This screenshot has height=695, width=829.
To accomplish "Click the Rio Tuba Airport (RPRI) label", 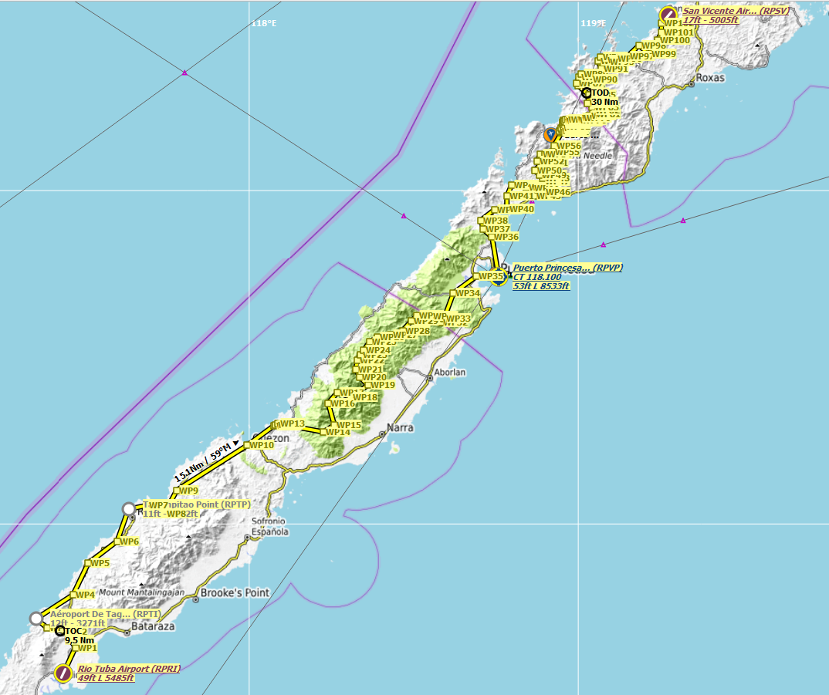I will pyautogui.click(x=128, y=669).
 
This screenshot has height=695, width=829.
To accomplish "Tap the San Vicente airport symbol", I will pyautogui.click(x=668, y=14).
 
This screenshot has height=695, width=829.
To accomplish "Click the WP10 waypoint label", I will pyautogui.click(x=262, y=445).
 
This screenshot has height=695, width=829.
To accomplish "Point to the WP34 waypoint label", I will pyautogui.click(x=468, y=293).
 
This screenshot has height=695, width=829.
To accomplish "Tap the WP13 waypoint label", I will pyautogui.click(x=293, y=423).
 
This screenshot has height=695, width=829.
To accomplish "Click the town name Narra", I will pyautogui.click(x=400, y=427).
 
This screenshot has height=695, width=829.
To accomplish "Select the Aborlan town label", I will pyautogui.click(x=450, y=372).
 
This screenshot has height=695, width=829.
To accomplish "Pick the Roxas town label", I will pyautogui.click(x=709, y=78).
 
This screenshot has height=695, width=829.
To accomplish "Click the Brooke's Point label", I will pyautogui.click(x=235, y=592).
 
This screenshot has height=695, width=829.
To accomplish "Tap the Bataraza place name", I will pyautogui.click(x=154, y=627).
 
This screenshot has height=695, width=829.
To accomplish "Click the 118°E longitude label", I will pyautogui.click(x=263, y=23).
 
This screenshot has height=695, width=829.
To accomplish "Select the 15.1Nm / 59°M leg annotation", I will pyautogui.click(x=203, y=461).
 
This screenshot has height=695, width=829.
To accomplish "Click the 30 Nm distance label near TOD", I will pyautogui.click(x=604, y=102).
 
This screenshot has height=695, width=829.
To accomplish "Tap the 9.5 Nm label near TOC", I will pyautogui.click(x=79, y=640).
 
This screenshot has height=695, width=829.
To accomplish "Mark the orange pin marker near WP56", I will pyautogui.click(x=550, y=134).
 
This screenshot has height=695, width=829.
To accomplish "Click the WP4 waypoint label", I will pyautogui.click(x=84, y=595).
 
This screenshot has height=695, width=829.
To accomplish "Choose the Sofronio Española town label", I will pyautogui.click(x=269, y=527).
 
